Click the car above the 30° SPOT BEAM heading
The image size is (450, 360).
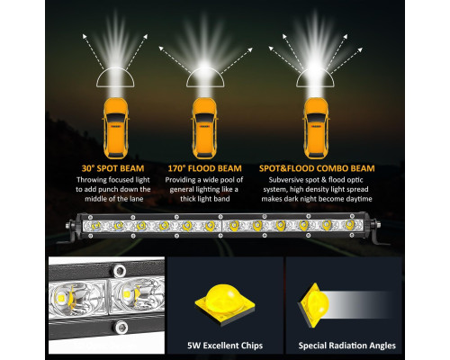point(116,129)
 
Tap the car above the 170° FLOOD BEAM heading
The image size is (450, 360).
point(204,129)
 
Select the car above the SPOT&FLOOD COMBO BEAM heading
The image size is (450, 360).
point(316,129)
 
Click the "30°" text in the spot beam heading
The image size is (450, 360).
point(88,168)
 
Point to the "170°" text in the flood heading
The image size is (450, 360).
point(176,168)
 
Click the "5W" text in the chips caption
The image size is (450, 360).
point(193,346)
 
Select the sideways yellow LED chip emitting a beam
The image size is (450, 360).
point(313,305)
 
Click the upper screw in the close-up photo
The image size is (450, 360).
point(119,271)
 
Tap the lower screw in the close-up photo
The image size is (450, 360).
point(121,328)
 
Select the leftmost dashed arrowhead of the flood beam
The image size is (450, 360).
point(161,48)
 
